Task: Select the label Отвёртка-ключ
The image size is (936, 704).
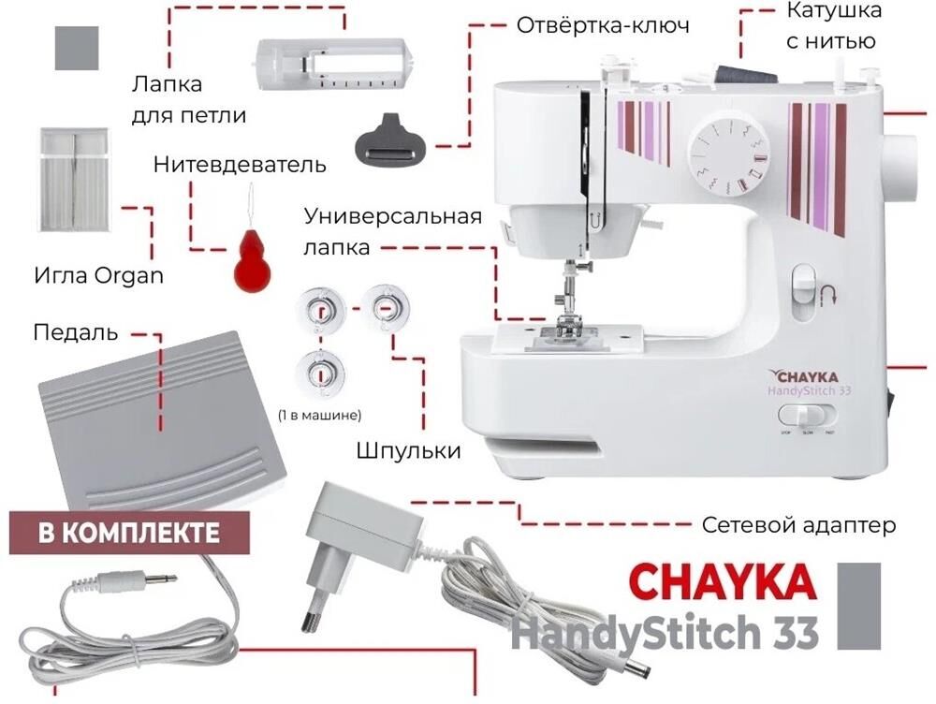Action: [x=602, y=25]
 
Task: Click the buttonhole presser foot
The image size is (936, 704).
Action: [x=334, y=65]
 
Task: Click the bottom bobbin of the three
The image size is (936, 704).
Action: [x=321, y=374]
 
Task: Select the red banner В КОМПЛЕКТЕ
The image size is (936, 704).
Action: [x=129, y=533]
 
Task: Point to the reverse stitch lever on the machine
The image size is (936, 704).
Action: [x=803, y=293]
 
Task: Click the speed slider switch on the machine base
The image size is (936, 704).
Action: [x=807, y=417]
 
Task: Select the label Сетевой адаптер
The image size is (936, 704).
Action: [x=798, y=525]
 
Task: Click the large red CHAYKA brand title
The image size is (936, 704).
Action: [x=723, y=582]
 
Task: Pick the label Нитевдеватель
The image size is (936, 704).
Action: [x=240, y=164]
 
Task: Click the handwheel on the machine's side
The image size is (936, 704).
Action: [x=901, y=168]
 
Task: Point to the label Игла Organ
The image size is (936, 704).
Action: [x=98, y=276]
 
